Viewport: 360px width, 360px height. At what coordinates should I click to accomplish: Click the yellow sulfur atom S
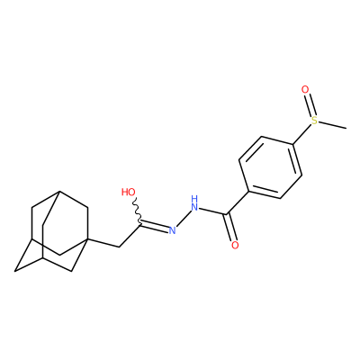pos(314,121)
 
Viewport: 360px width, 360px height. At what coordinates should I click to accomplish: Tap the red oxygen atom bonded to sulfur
pos(305,89)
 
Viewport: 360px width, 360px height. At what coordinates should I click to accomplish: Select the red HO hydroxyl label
pos(129,192)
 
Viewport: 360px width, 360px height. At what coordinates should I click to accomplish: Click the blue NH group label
pos(194,203)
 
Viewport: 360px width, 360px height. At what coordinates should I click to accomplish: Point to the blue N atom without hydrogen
pos(172,230)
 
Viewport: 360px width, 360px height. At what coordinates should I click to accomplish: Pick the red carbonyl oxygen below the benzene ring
pos(235,245)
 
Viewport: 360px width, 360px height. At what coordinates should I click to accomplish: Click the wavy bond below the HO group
pos(137,211)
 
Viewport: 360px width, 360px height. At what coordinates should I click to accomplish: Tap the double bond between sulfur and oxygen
pos(310,104)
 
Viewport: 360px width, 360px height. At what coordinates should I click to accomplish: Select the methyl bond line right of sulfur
pos(332,125)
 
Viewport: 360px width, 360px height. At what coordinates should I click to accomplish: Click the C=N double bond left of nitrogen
pos(154,227)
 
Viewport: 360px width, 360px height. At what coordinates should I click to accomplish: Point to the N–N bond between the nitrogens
pos(184,218)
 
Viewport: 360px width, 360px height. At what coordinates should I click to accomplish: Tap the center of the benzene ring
pos(271,167)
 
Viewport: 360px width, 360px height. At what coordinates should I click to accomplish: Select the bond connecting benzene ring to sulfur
pos(301,134)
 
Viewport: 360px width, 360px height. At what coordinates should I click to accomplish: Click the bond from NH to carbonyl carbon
pos(212,211)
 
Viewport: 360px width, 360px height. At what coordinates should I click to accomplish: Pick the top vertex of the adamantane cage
pos(59,191)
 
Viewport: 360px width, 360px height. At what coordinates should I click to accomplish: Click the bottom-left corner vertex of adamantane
pos(15,272)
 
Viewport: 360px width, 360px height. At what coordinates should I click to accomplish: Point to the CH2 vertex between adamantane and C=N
pos(120,247)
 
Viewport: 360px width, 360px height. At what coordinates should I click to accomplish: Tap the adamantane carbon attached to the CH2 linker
pos(87,238)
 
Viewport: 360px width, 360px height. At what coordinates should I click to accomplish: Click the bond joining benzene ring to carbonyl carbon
pos(238,202)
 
